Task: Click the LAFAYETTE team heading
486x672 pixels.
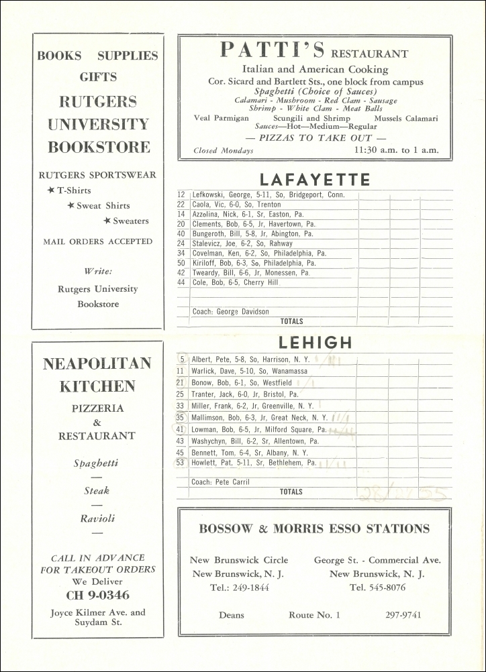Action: [315, 179]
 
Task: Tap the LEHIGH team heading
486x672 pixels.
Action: [315, 343]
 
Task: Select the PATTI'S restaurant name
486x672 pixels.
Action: [273, 51]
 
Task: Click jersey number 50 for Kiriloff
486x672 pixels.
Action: [181, 264]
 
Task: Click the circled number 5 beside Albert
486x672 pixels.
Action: [182, 359]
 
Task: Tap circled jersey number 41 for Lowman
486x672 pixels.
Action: [180, 429]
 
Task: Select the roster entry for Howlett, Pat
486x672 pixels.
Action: [254, 463]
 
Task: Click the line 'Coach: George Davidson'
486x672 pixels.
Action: [230, 312]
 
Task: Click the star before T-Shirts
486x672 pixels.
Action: [51, 190]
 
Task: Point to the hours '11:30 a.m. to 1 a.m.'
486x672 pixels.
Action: [396, 150]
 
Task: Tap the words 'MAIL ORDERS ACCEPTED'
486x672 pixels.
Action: [98, 241]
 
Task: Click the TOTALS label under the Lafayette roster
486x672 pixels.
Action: [291, 321]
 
